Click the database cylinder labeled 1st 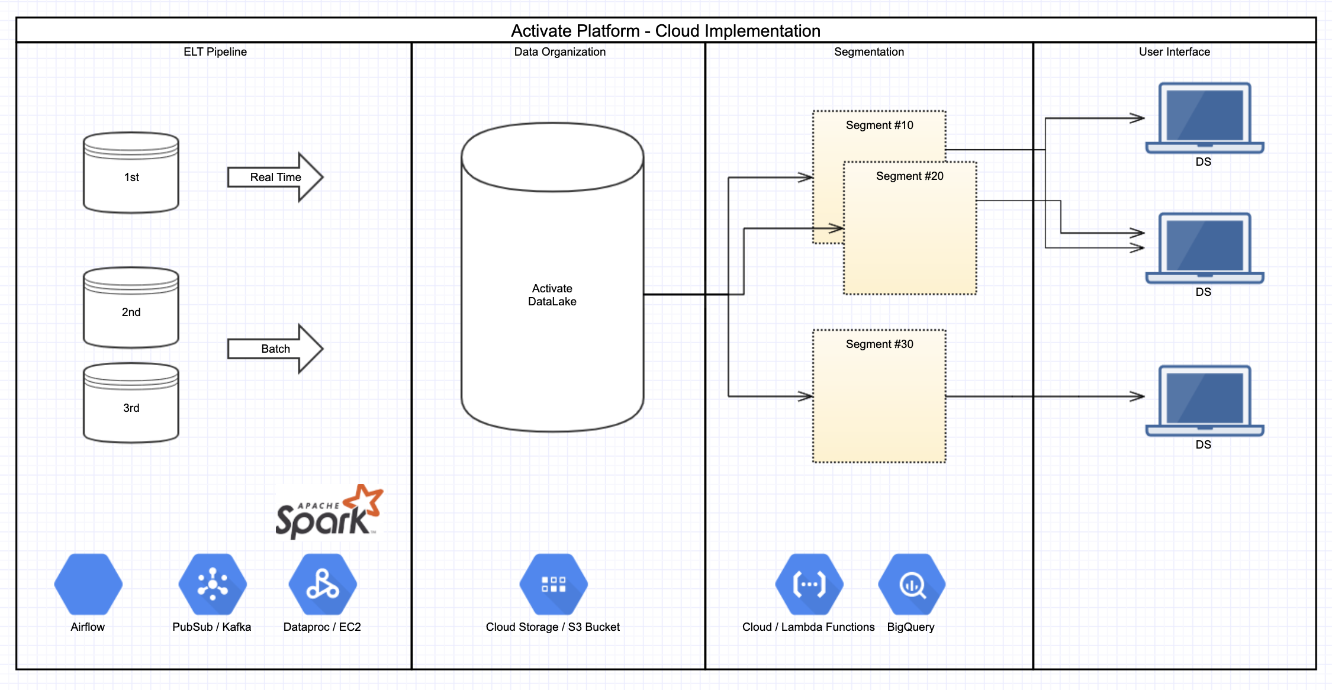point(131,173)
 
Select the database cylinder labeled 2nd point(131,308)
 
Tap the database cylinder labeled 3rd point(131,404)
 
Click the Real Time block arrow point(275,177)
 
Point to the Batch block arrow point(275,349)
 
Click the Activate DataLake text point(552,295)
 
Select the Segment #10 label point(879,125)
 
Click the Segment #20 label point(909,176)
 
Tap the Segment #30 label point(879,344)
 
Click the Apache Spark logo point(329,512)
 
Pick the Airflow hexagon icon point(88,584)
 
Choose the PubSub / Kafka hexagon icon point(213,584)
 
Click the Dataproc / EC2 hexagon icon point(323,584)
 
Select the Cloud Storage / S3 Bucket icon point(554,584)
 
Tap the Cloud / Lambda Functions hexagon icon point(809,584)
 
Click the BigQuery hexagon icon point(912,584)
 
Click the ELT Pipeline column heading point(215,52)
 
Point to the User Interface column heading point(1174,52)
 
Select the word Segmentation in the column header point(868,52)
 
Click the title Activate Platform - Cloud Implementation point(665,31)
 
